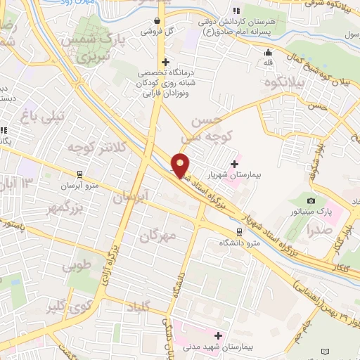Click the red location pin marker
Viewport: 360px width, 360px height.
tap(181, 165)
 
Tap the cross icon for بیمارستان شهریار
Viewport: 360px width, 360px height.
tap(233, 164)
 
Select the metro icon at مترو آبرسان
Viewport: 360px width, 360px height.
tap(80, 173)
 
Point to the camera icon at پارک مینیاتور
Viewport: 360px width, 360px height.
tap(311, 202)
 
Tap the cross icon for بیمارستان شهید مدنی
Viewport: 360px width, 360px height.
tap(218, 335)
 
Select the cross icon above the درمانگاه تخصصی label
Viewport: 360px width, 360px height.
tap(165, 62)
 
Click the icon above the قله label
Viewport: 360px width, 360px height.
tap(267, 52)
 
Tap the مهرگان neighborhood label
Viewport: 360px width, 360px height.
tap(160, 236)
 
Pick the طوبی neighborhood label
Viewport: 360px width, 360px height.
tap(77, 266)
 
